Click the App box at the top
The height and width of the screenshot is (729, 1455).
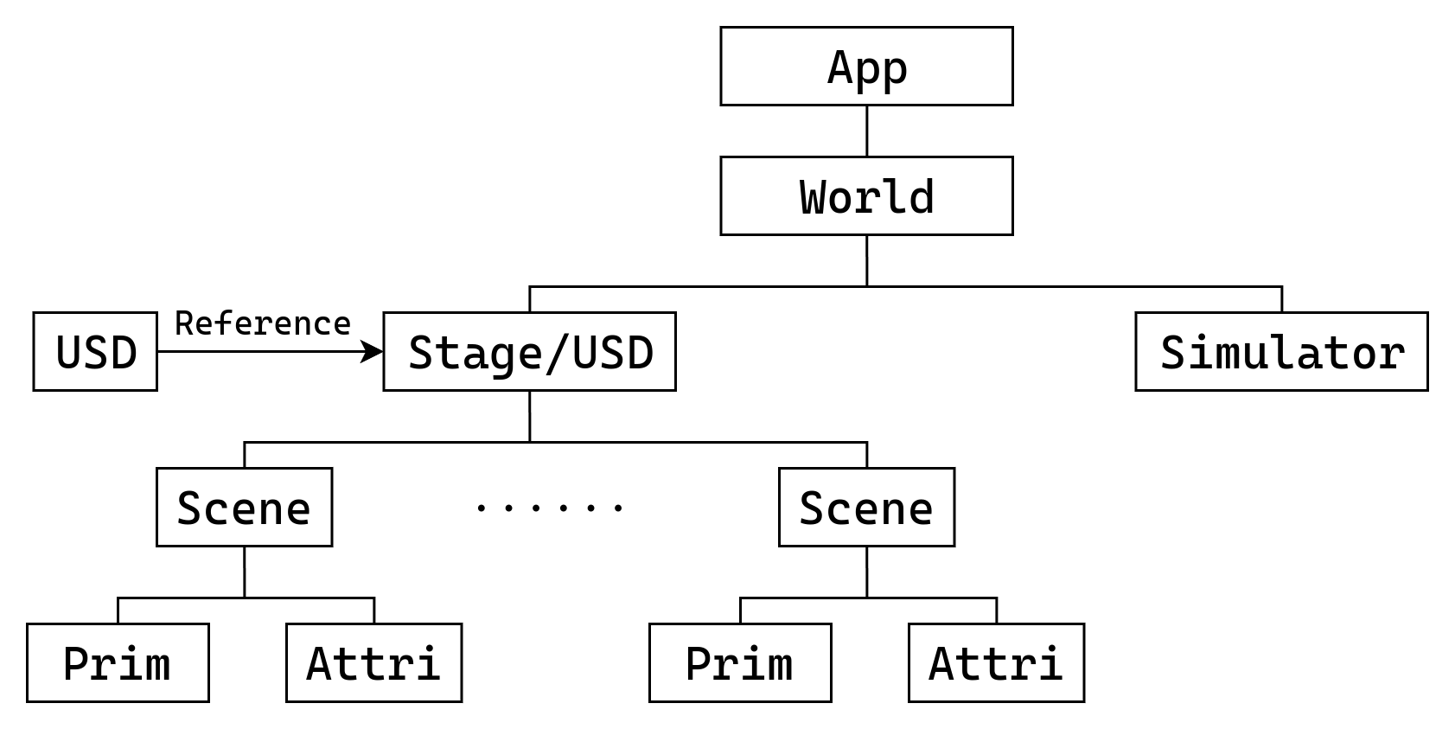[x=866, y=67]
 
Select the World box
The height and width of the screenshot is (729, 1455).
[x=866, y=196]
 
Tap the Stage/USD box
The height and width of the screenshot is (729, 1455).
[x=529, y=352]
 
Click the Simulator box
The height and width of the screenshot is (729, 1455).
[x=1281, y=352]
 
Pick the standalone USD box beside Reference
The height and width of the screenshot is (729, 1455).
[x=95, y=352]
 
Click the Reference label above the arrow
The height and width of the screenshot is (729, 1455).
[x=263, y=323]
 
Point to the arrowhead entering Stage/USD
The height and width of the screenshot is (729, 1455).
[x=373, y=351]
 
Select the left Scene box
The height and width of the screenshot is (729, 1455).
[x=244, y=508]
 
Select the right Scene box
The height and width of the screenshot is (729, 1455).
[x=866, y=508]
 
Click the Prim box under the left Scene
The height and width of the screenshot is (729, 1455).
[x=118, y=663]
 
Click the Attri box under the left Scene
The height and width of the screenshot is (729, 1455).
[x=373, y=663]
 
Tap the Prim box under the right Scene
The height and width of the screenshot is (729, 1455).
[x=740, y=663]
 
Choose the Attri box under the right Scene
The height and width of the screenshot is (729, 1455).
[x=996, y=663]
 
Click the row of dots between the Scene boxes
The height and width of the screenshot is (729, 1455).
[x=550, y=508]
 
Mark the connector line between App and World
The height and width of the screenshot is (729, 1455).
[x=866, y=131]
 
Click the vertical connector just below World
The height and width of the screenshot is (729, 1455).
[x=866, y=259]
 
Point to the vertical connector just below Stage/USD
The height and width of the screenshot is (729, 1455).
[x=529, y=416]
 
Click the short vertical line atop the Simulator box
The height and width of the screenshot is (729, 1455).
[x=1281, y=299]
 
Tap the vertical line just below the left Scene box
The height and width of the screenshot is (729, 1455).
[x=244, y=572]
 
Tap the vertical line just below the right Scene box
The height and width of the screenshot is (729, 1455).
[x=866, y=572]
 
